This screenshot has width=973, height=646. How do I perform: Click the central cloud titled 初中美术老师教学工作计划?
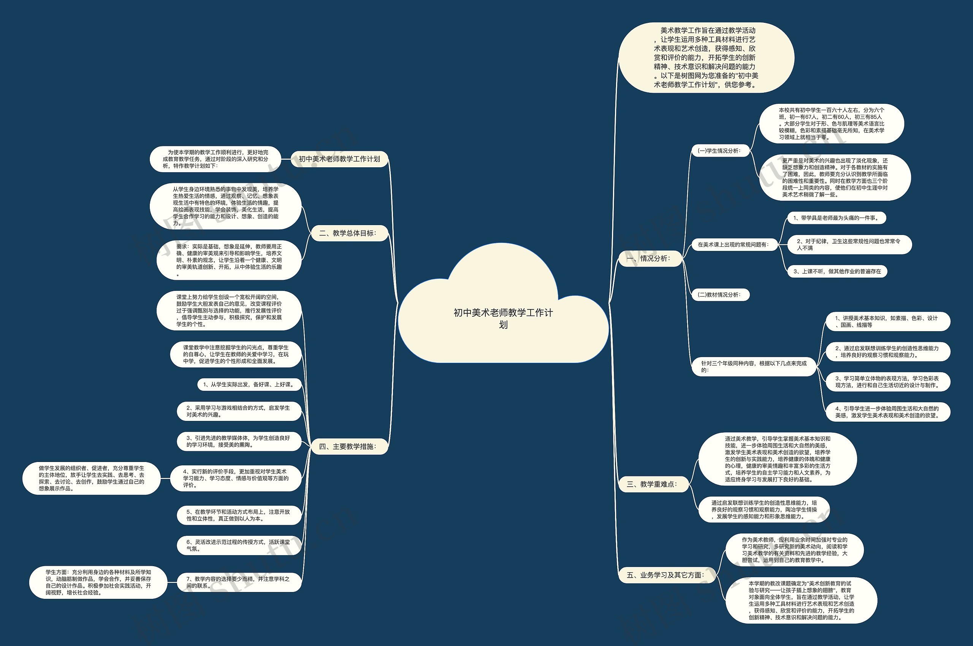[503, 318]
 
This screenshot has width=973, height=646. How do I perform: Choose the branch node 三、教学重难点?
[652, 484]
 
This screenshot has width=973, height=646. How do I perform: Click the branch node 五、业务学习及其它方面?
[666, 575]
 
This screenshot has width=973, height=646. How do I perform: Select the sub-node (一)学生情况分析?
[719, 151]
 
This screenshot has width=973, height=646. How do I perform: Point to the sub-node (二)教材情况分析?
[719, 295]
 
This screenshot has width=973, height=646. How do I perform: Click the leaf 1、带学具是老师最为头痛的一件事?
[836, 218]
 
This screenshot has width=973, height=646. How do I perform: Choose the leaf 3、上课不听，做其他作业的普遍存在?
[837, 271]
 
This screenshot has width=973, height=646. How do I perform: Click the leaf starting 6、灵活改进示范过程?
[239, 546]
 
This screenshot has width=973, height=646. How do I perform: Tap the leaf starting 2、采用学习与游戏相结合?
[239, 411]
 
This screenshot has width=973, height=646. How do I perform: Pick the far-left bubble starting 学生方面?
[98, 582]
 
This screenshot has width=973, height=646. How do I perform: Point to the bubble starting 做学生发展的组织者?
[92, 478]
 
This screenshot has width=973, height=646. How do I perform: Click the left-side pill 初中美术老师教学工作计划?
[339, 159]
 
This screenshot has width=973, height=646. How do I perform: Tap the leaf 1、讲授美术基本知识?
[888, 321]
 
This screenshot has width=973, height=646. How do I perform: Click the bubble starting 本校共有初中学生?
[831, 124]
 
